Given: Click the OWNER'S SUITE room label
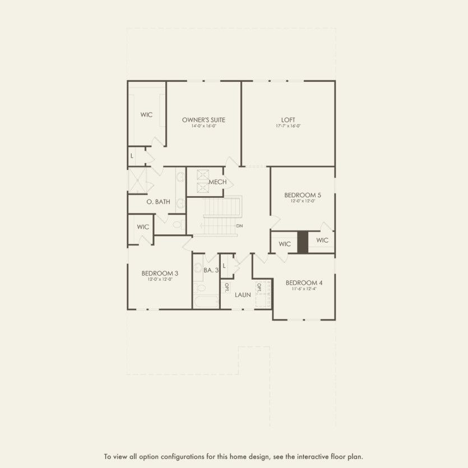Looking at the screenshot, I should (x=204, y=119).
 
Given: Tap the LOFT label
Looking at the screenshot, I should (x=288, y=119).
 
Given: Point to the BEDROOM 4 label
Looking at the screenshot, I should (x=304, y=282).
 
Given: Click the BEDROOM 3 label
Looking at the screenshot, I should (x=160, y=273).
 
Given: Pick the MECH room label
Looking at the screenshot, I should (x=217, y=182).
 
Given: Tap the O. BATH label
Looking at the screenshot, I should (x=158, y=202).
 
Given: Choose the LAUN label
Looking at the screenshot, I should (x=243, y=294).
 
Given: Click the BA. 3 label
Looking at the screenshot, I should (x=211, y=270).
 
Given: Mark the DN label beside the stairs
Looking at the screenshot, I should (x=239, y=226).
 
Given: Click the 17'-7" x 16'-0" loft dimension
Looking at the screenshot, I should (x=288, y=126).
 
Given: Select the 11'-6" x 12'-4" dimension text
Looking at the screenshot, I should (x=304, y=290).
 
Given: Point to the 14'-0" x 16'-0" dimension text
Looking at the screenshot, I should (x=204, y=126).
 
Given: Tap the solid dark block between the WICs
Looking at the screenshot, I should (x=303, y=242).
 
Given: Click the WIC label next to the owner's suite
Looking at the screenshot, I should (x=147, y=115).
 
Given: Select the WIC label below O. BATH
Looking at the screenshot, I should (x=143, y=227).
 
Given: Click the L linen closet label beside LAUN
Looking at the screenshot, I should (x=224, y=266).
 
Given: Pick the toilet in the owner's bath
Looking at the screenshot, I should (x=177, y=225).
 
